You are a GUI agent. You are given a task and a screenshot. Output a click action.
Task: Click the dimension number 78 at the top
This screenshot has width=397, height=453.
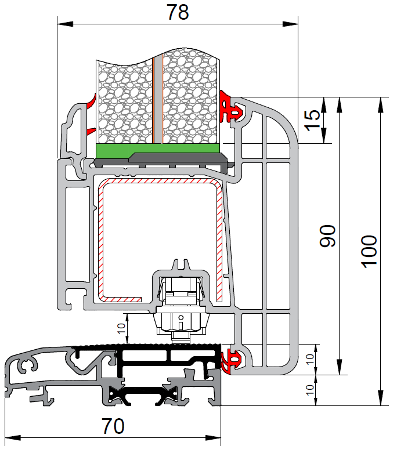click(178, 12)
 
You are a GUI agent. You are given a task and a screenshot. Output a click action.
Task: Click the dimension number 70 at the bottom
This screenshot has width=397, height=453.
click(113, 426)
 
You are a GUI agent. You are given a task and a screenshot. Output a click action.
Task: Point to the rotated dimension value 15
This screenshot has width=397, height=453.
click(312, 120)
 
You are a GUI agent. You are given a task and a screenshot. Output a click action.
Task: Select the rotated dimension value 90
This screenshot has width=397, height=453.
click(327, 235)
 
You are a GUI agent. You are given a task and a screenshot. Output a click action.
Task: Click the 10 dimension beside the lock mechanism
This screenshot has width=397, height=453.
click(121, 328)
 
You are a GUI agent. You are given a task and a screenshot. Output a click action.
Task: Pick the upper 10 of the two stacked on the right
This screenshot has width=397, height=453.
click(310, 359)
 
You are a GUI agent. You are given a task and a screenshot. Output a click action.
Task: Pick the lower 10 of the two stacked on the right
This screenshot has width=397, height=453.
click(310, 390)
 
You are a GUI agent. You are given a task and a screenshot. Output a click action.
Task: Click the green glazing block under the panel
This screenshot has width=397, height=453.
click(158, 148)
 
